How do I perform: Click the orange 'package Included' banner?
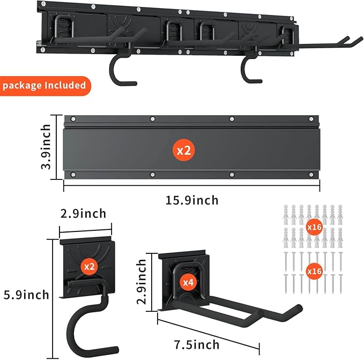tap(45, 86)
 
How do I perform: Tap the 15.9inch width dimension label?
tap(192, 200)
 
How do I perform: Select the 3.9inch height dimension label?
tap(46, 147)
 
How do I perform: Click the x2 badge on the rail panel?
tap(184, 150)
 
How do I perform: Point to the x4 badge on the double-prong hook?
tap(188, 282)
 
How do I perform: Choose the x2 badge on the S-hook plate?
tap(90, 267)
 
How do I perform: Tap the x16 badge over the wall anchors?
tap(314, 227)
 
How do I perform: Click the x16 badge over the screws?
tap(314, 271)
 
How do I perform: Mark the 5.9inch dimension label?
tap(26, 295)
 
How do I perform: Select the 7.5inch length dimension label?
tap(197, 344)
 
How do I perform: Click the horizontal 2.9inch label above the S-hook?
tap(83, 214)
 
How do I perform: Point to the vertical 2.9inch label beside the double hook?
tap(142, 282)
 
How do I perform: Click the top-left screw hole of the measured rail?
tap(73, 119)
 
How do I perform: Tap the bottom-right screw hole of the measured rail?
tap(311, 175)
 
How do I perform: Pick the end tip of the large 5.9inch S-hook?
tap(115, 350)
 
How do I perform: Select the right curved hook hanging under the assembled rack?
tap(251, 69)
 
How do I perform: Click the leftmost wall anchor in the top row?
tap(286, 215)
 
